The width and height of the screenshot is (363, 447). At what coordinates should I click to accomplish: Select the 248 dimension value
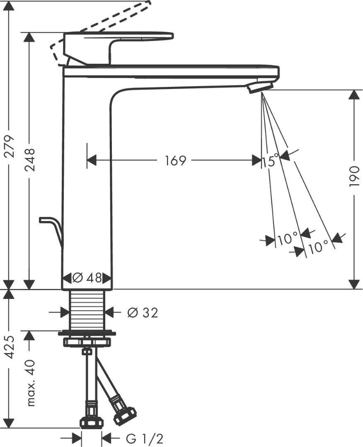point(29,161)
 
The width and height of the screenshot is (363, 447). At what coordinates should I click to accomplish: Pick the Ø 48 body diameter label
point(87,278)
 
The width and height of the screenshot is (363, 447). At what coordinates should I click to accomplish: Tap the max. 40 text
point(30,383)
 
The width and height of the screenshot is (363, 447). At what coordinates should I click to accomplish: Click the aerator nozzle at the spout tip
point(260,87)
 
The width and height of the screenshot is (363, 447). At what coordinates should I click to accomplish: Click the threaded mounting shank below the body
point(87,310)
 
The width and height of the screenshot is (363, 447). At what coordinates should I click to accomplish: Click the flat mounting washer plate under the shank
point(87,332)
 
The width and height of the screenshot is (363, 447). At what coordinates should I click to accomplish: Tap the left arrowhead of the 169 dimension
point(92,160)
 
